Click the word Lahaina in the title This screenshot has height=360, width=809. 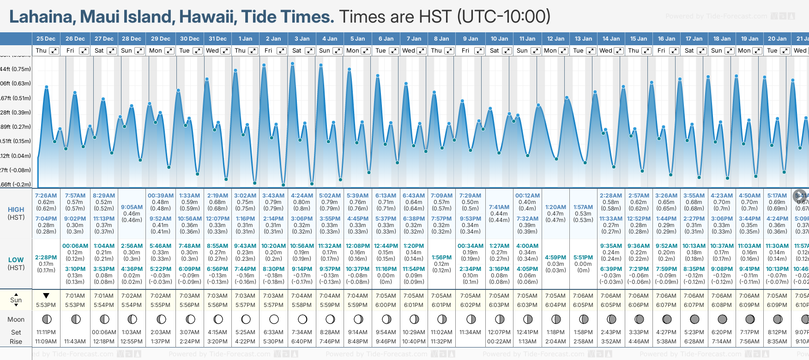click(42, 17)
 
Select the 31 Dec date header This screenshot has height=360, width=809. click(217, 39)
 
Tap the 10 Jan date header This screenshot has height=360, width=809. click(499, 39)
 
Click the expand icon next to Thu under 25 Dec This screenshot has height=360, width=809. click(54, 51)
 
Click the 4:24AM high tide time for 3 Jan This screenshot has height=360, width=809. click(302, 196)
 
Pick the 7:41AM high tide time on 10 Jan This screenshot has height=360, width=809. click(499, 207)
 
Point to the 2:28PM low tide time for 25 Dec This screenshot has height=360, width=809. click(46, 258)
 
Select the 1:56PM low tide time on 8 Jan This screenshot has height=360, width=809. click(441, 258)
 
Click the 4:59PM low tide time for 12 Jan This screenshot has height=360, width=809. click(555, 258)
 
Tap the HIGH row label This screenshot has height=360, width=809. click(16, 210)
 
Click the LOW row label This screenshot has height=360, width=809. click(16, 260)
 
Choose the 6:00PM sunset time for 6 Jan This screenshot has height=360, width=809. click(386, 305)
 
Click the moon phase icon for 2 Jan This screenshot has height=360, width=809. click(274, 319)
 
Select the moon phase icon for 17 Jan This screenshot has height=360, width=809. click(694, 319)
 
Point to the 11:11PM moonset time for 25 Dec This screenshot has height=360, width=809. click(46, 332)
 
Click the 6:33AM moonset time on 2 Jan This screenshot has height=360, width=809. click(273, 332)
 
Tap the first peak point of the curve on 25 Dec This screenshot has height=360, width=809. click(46, 86)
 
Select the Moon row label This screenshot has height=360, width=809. click(16, 319)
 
